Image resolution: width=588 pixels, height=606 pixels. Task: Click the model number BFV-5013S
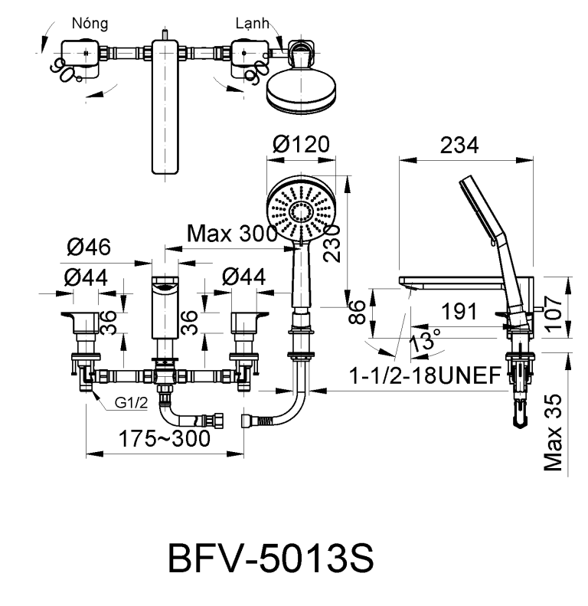click(x=271, y=560)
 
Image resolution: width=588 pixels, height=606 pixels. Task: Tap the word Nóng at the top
click(x=90, y=23)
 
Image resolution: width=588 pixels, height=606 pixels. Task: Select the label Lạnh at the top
click(x=252, y=23)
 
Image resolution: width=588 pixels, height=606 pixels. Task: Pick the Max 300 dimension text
click(x=232, y=233)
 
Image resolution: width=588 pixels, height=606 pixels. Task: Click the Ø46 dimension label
click(x=89, y=247)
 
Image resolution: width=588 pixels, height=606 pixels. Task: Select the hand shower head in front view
click(x=301, y=209)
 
